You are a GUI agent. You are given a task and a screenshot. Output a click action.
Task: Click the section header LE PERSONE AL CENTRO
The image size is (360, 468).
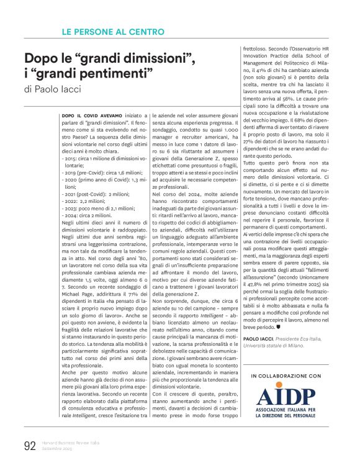point(114,32)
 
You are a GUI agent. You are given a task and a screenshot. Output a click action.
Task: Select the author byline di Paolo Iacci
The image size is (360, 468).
point(53,90)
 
